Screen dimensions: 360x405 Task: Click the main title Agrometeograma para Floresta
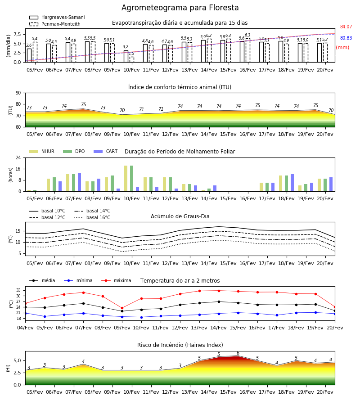(x=180, y=8)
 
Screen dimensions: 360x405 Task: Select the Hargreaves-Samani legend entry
(x=57, y=17)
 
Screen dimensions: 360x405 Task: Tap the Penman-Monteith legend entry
(x=55, y=24)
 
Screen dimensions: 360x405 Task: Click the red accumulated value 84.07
(x=346, y=27)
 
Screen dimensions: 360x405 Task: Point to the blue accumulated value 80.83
(x=346, y=38)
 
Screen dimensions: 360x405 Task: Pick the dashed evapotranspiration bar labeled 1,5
(x=132, y=59)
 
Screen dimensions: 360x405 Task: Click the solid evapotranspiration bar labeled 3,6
(x=29, y=55)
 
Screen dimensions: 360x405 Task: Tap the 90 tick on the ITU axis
(x=18, y=93)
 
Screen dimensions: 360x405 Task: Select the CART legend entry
(x=106, y=151)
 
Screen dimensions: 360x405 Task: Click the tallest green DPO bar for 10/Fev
(x=132, y=179)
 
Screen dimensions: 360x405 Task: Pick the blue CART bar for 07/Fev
(x=80, y=182)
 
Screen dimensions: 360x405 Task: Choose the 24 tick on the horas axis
(x=18, y=157)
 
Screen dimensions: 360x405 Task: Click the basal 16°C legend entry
(x=92, y=217)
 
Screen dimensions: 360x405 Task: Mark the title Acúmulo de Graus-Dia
(x=180, y=216)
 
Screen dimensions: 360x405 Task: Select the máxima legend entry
(x=116, y=280)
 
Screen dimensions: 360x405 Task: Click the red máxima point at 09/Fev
(x=122, y=308)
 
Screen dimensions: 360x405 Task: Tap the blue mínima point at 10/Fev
(x=141, y=317)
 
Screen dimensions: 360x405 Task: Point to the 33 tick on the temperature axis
(x=18, y=290)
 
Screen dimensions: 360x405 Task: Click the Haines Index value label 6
(x=238, y=353)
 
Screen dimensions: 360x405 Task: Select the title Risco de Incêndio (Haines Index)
(x=180, y=345)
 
